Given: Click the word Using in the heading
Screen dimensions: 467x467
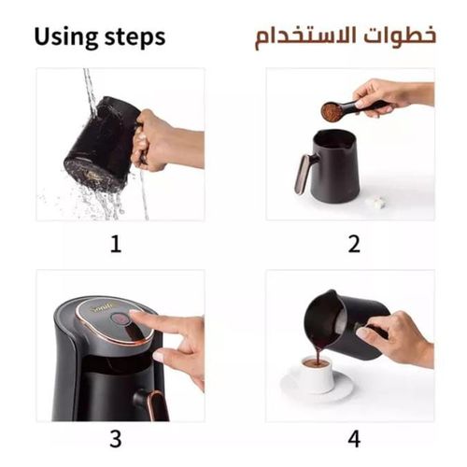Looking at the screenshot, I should click(x=68, y=37).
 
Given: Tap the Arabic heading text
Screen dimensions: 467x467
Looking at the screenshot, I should click(x=345, y=37).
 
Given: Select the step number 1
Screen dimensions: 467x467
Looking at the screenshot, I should click(x=116, y=245).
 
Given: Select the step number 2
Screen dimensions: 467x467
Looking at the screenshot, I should click(x=354, y=245).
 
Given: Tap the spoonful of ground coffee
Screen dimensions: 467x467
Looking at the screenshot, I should click(x=331, y=112).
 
